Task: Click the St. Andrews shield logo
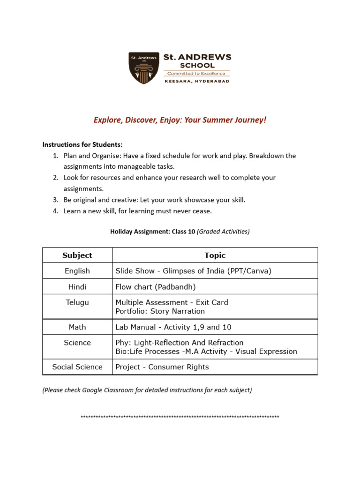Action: (143, 68)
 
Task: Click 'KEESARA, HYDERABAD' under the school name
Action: (197, 81)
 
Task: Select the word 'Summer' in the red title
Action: (216, 120)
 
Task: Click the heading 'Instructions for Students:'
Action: (82, 144)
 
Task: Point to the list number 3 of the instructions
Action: (55, 200)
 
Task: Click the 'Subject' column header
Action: (77, 255)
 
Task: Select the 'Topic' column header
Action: (215, 255)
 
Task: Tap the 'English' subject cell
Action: (77, 271)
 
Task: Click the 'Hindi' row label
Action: (77, 286)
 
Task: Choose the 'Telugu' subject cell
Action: (77, 302)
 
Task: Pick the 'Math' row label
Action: (77, 327)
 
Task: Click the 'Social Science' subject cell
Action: (77, 367)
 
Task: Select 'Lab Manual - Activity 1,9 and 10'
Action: (173, 327)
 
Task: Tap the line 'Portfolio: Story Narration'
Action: (160, 311)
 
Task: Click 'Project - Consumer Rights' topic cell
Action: (162, 367)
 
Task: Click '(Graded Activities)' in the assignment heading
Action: (223, 231)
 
